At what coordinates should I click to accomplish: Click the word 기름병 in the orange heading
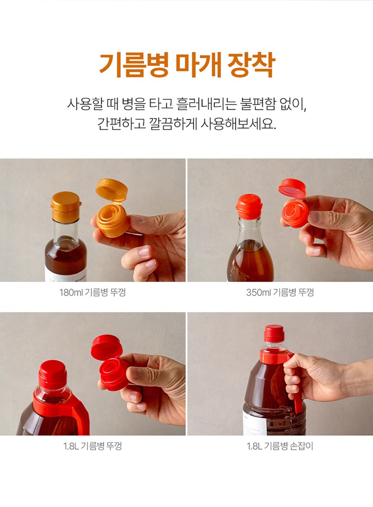133,65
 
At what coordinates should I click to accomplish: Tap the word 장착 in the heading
252,65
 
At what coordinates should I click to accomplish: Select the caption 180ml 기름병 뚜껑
93,293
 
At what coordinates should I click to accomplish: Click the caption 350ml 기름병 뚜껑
280,293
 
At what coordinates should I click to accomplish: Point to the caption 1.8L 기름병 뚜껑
93,446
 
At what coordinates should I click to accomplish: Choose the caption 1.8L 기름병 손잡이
280,446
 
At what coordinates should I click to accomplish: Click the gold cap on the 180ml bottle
66,206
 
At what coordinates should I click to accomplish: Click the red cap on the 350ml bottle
249,206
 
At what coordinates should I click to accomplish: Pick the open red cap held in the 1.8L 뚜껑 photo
110,362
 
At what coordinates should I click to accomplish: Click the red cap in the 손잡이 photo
274,333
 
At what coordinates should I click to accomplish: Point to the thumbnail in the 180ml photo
144,251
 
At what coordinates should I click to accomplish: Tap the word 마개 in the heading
198,65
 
